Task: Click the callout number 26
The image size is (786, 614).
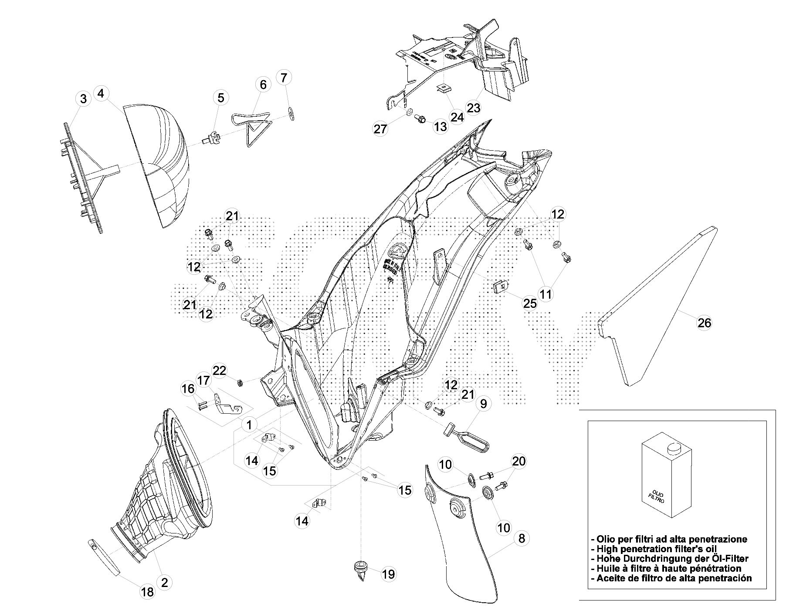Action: [x=705, y=323]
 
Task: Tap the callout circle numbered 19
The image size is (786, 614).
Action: [x=388, y=574]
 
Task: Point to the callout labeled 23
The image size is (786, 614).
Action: [x=474, y=107]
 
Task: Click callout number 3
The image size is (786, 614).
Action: [x=83, y=99]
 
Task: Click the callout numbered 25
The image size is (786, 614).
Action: [x=530, y=303]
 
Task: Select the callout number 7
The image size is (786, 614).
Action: [x=284, y=78]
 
